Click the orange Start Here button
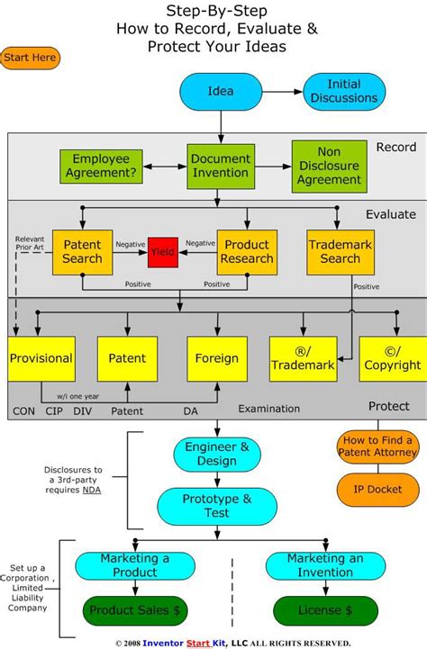click(31, 59)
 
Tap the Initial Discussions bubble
click(344, 92)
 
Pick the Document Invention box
click(220, 166)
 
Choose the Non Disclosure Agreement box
click(330, 166)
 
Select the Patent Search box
click(82, 252)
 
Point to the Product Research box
click(246, 252)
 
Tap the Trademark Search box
click(341, 252)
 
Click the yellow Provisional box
click(41, 358)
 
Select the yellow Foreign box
click(216, 358)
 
